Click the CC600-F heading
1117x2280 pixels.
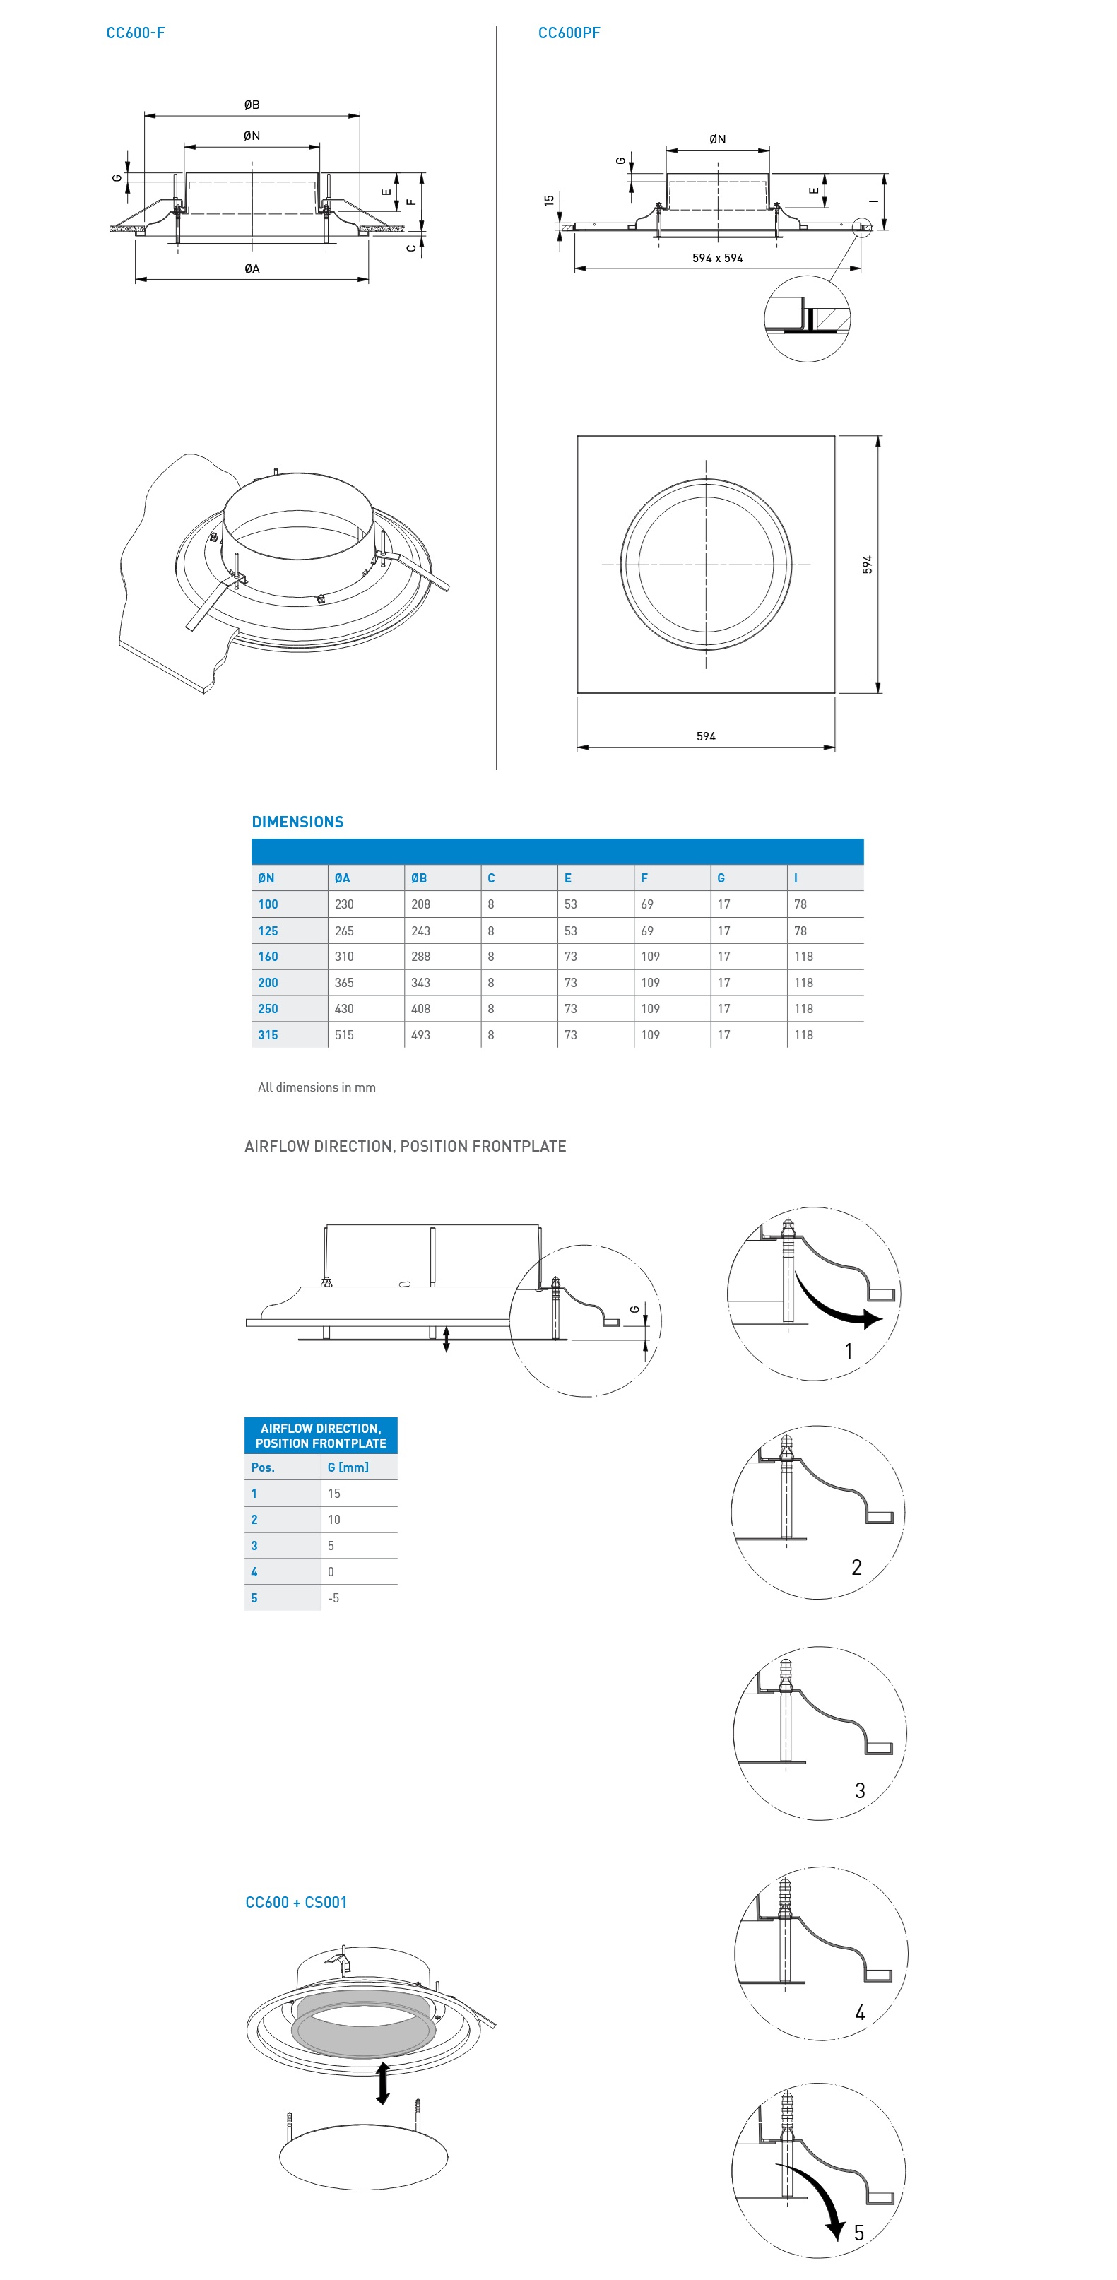point(136,33)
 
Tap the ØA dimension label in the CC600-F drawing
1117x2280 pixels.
point(252,268)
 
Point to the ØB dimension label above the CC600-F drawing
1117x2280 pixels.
point(252,105)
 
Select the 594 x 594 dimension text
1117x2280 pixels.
point(717,258)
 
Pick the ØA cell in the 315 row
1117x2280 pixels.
point(344,1034)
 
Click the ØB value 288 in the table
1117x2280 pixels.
point(420,957)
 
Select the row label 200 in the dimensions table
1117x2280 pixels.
point(268,983)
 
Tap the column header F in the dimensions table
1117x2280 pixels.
point(644,878)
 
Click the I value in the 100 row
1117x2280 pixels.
point(800,904)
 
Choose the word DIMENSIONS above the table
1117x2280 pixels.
point(297,822)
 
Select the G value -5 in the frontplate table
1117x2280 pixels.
point(333,1597)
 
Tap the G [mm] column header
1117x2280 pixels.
point(348,1467)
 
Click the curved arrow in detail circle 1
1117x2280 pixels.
point(837,1304)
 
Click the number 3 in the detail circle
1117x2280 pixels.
point(859,1790)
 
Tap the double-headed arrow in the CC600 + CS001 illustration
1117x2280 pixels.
point(382,2083)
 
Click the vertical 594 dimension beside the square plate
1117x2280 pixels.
point(868,564)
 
